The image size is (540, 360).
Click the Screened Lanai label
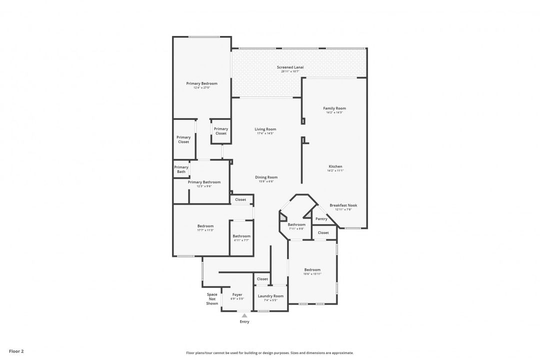290,67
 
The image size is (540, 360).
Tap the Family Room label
334,108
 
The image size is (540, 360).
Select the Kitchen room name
335,166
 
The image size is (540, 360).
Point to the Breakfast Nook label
343,205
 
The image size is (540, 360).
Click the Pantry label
321,218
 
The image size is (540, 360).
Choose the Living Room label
265,129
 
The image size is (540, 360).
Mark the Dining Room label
266,177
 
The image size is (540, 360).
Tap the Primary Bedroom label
201,83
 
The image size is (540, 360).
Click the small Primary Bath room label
181,169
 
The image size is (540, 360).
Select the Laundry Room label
270,296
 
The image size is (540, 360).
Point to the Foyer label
237,294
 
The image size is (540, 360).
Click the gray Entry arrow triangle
244,315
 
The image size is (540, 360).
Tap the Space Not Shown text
212,298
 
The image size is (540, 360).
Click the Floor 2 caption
16,351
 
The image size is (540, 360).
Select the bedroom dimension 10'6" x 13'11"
312,274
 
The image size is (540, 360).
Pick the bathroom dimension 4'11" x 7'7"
241,240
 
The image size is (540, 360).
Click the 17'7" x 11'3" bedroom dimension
205,230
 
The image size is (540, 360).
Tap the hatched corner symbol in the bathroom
283,217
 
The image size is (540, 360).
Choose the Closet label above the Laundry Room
262,279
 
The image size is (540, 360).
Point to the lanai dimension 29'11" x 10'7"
290,71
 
